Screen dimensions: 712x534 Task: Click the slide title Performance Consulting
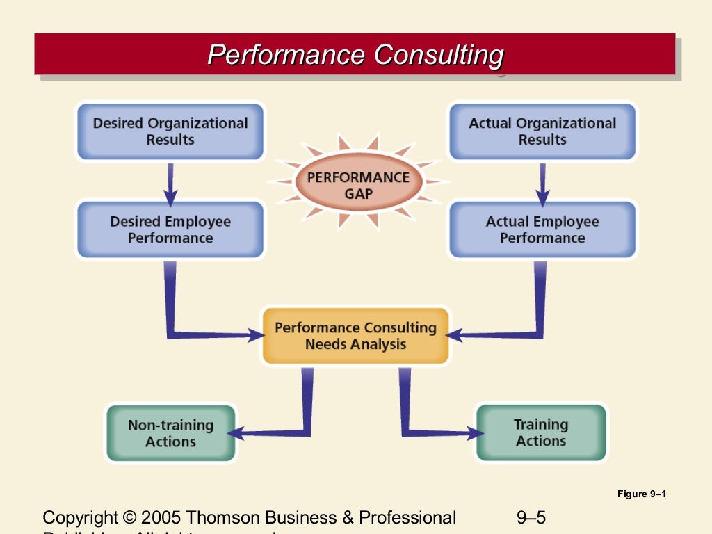tap(355, 54)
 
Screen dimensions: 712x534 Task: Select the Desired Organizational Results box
tap(170, 131)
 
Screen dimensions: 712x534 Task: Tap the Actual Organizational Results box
tap(542, 131)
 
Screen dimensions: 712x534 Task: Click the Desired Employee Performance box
tap(170, 229)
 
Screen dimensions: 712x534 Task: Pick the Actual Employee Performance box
tap(542, 229)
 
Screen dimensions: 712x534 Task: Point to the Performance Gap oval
tap(358, 185)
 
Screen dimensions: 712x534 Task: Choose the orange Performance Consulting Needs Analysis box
tap(355, 336)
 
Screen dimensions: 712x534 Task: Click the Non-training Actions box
tap(171, 433)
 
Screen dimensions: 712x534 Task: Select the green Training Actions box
tap(541, 432)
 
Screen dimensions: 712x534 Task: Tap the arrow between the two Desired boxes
tap(170, 182)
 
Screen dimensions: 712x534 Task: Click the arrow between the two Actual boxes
tap(542, 182)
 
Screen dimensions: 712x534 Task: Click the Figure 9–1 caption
tap(641, 494)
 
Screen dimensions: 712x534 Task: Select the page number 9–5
tap(531, 518)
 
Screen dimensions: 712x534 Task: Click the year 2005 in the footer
tap(161, 518)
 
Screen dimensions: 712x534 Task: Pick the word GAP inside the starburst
tap(358, 193)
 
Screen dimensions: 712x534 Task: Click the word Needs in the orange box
tap(327, 344)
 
